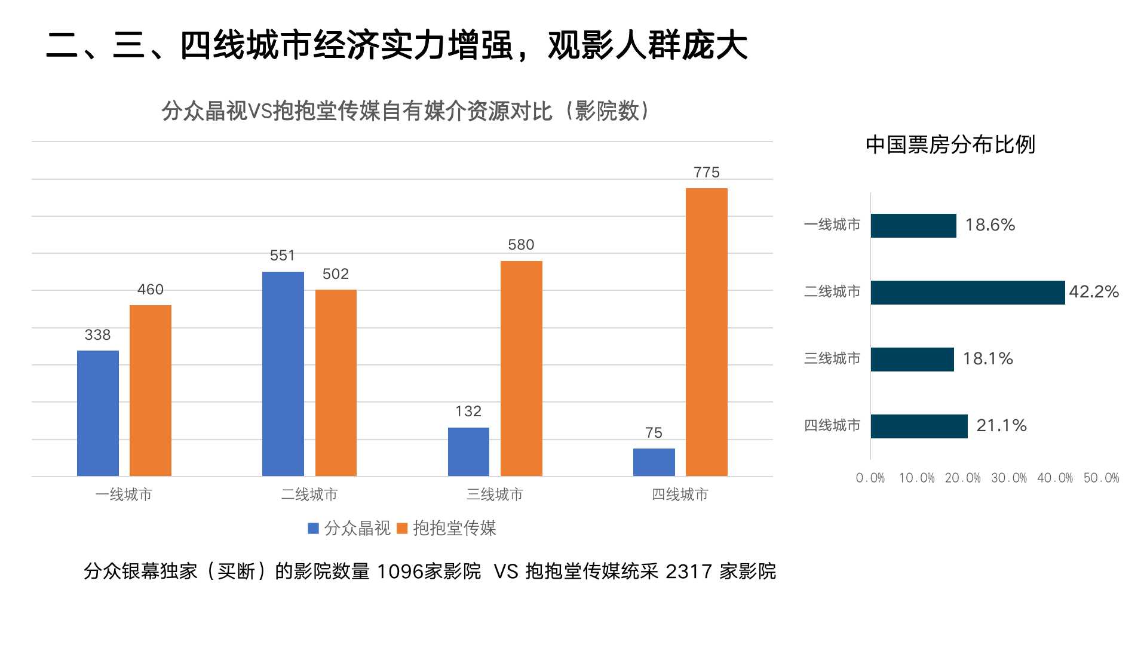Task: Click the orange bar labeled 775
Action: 706,332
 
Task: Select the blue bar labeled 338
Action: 98,413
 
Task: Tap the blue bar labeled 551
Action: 283,374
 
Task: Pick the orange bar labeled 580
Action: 521,368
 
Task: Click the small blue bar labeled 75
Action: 654,462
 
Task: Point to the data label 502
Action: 335,274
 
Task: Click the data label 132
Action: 468,411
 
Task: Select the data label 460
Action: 150,290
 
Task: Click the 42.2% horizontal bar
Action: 967,293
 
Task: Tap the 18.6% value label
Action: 990,225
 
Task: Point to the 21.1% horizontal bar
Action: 919,426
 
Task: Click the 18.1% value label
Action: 987,359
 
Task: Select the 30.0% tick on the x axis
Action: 1009,478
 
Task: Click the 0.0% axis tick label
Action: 870,478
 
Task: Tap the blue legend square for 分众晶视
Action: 313,529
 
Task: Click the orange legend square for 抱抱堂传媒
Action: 402,529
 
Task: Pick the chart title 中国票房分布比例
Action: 950,145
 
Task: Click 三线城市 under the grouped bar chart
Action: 495,494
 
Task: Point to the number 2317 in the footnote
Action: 689,572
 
